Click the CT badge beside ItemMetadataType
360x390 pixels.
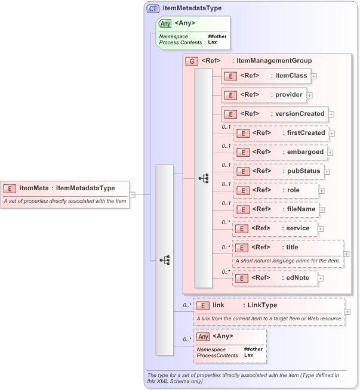coord(153,9)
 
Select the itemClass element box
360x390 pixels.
coord(266,76)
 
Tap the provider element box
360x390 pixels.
coord(263,95)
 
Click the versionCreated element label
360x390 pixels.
coord(299,114)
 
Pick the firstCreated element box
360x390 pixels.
coord(281,133)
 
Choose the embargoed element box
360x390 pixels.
coord(280,152)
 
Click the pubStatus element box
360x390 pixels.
coord(278,171)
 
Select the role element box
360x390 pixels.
coord(275,190)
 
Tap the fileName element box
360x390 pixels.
coord(275,209)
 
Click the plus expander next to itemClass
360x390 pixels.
coord(313,76)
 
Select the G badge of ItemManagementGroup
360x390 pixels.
coord(192,61)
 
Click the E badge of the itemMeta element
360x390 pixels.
coord(10,188)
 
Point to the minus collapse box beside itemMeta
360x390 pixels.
coord(133,194)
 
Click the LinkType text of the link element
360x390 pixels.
coord(262,305)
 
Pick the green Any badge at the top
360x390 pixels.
coord(165,23)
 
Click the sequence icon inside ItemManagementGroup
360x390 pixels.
coord(204,178)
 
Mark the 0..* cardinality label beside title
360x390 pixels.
coord(226,246)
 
